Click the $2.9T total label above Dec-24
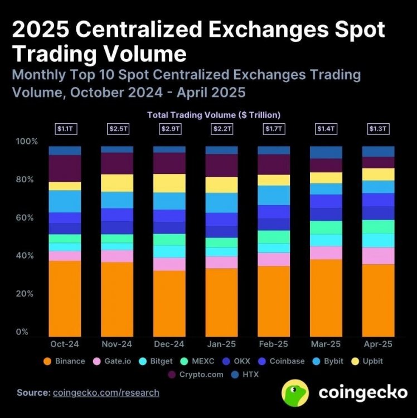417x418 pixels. [x=169, y=129]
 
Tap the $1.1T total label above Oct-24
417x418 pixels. [x=65, y=129]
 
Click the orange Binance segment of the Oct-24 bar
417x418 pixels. [x=65, y=298]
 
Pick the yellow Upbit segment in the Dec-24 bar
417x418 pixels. [x=169, y=183]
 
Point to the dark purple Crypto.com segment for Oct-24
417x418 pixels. [x=65, y=168]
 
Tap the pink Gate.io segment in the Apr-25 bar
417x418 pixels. [x=378, y=256]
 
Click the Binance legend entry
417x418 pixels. [x=64, y=361]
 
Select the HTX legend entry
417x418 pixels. [x=245, y=375]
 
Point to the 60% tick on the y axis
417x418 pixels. [x=26, y=218]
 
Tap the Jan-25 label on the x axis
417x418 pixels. [x=221, y=344]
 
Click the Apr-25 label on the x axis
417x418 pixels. [x=378, y=344]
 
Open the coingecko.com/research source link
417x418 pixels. [x=106, y=393]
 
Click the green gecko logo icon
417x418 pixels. [x=296, y=392]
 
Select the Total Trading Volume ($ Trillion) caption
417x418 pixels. [x=213, y=115]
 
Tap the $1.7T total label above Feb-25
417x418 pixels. [x=273, y=129]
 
